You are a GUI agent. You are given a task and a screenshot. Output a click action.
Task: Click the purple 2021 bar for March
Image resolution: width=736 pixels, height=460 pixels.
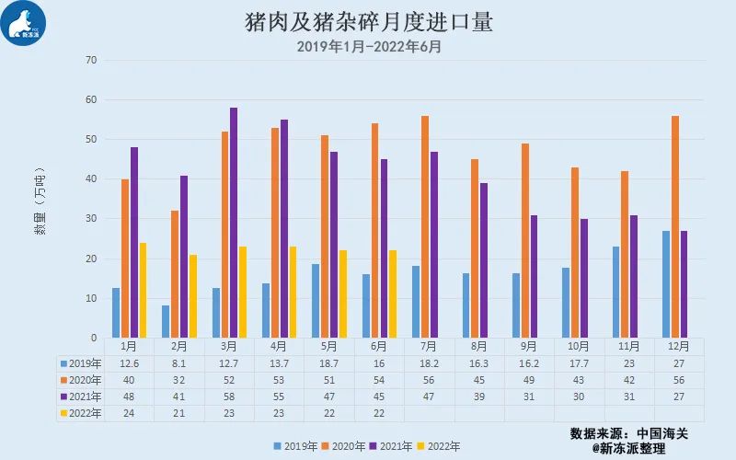pyautogui.click(x=234, y=223)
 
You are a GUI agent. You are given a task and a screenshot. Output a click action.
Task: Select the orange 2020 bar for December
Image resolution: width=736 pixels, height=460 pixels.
pyautogui.click(x=675, y=226)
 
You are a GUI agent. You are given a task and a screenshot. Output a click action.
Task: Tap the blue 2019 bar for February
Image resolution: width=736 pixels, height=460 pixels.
pyautogui.click(x=166, y=321)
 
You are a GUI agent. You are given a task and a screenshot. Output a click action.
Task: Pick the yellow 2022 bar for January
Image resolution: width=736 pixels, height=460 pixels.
pyautogui.click(x=144, y=290)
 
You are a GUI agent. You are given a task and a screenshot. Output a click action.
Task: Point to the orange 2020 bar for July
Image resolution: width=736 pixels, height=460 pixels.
pyautogui.click(x=425, y=226)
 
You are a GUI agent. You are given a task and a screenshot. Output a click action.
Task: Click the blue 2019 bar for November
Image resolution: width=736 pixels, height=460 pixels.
pyautogui.click(x=615, y=292)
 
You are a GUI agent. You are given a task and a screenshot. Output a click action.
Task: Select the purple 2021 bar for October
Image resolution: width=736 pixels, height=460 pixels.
pyautogui.click(x=584, y=279)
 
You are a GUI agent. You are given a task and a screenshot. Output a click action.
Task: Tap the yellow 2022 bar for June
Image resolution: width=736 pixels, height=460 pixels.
pyautogui.click(x=393, y=294)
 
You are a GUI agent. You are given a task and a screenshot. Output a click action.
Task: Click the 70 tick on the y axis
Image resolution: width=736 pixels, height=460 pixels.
pyautogui.click(x=91, y=60)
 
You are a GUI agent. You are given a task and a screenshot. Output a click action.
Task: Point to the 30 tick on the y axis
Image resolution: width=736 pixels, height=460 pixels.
pyautogui.click(x=91, y=219)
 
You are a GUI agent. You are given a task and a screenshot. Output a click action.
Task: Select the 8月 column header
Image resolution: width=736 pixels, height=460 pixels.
pyautogui.click(x=478, y=347)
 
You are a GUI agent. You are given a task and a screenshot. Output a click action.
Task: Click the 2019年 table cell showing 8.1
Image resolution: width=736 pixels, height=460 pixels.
pyautogui.click(x=178, y=363)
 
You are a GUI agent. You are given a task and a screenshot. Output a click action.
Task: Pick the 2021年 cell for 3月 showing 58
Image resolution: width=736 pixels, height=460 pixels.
pyautogui.click(x=229, y=397)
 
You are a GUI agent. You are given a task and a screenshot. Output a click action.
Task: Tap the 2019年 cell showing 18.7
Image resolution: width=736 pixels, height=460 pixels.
pyautogui.click(x=329, y=363)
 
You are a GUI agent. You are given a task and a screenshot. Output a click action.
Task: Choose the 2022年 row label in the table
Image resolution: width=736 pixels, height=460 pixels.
pyautogui.click(x=81, y=413)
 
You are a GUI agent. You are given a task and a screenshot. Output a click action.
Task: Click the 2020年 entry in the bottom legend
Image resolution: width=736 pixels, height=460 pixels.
pyautogui.click(x=343, y=446)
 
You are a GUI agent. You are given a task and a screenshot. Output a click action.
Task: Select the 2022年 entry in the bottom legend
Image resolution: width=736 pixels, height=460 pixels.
pyautogui.click(x=439, y=446)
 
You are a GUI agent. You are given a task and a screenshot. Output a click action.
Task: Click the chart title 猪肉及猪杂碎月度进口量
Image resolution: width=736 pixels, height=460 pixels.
pyautogui.click(x=369, y=22)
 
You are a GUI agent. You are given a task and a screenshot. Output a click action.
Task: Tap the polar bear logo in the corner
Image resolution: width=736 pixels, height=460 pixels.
pyautogui.click(x=23, y=23)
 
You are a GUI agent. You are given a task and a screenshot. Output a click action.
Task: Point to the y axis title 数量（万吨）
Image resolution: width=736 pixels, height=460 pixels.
pyautogui.click(x=40, y=201)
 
